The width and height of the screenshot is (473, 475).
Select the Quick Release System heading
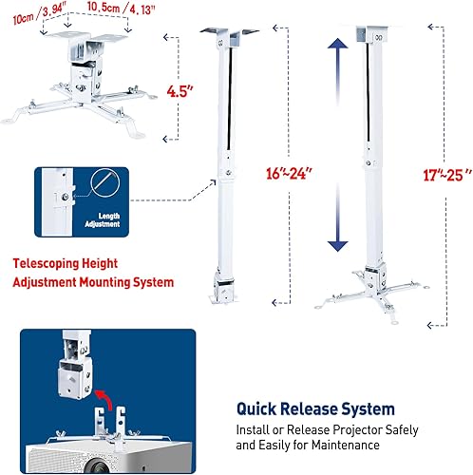click(x=314, y=409)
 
